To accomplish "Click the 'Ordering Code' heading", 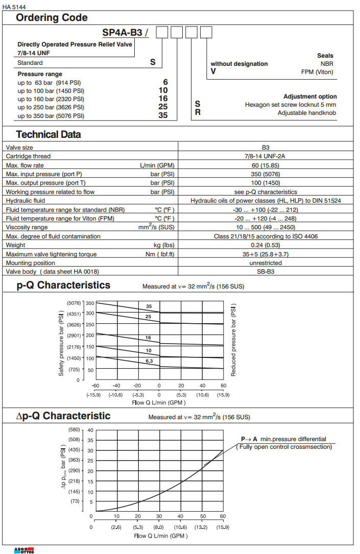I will tap(52, 18).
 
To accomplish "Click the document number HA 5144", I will tap(14, 7).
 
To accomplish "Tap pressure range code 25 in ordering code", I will tap(163, 107).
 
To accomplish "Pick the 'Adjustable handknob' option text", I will tap(307, 113).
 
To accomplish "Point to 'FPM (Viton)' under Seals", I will tap(317, 72).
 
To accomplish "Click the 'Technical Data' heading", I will tap(49, 135).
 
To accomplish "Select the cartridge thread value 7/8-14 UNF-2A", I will tap(266, 156).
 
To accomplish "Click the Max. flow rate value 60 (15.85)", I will tap(266, 165).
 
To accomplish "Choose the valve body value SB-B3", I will tap(266, 272).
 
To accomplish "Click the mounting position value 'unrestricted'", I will tap(266, 263).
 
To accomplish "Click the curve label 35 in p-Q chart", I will tap(149, 306).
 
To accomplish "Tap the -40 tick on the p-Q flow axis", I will tap(116, 386).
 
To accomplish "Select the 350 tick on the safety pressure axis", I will tap(90, 303).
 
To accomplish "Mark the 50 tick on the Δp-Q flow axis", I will tap(202, 516).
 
